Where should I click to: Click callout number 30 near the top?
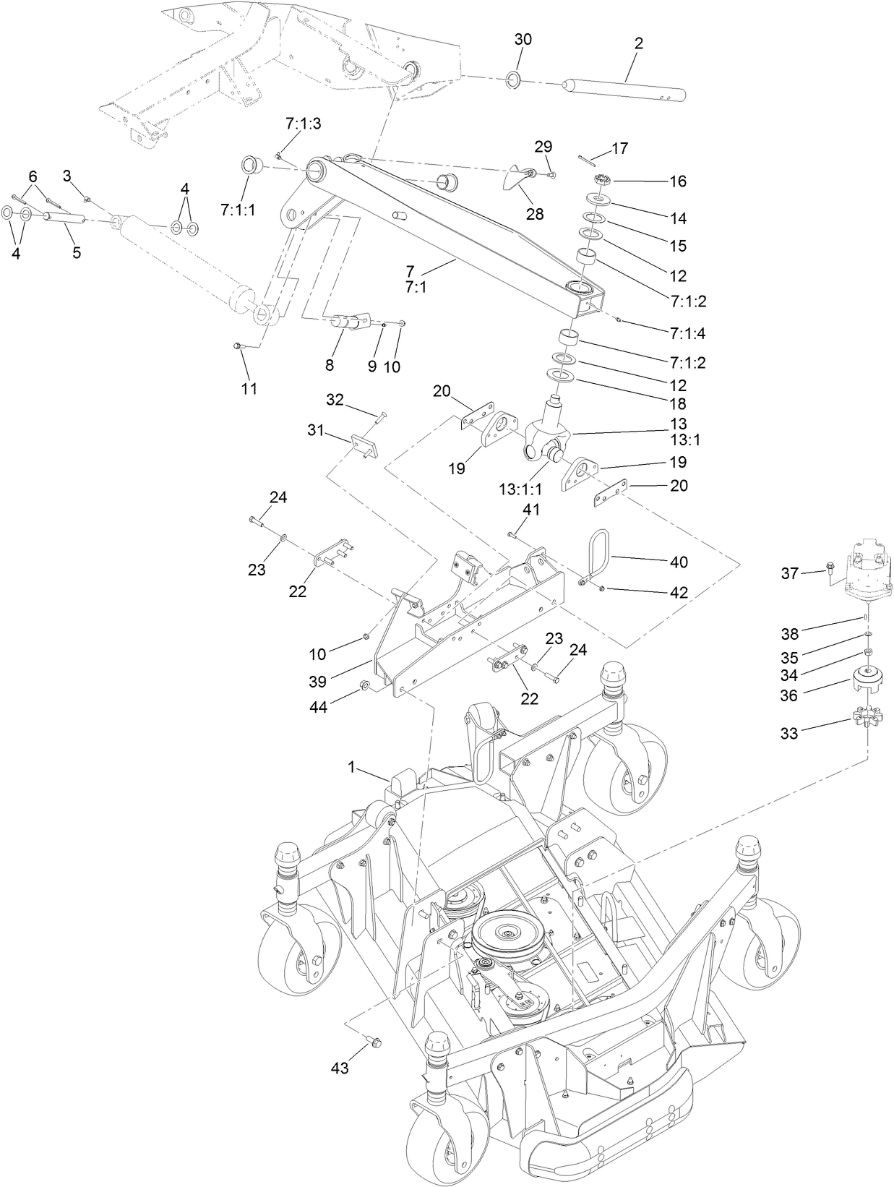523,39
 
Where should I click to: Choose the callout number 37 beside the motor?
789,573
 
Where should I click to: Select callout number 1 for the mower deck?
352,767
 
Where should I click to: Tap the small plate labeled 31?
364,445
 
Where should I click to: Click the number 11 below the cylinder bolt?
249,388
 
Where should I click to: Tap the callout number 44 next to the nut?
318,707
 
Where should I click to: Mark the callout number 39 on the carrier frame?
318,681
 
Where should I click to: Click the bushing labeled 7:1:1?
251,165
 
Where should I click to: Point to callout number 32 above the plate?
335,399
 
